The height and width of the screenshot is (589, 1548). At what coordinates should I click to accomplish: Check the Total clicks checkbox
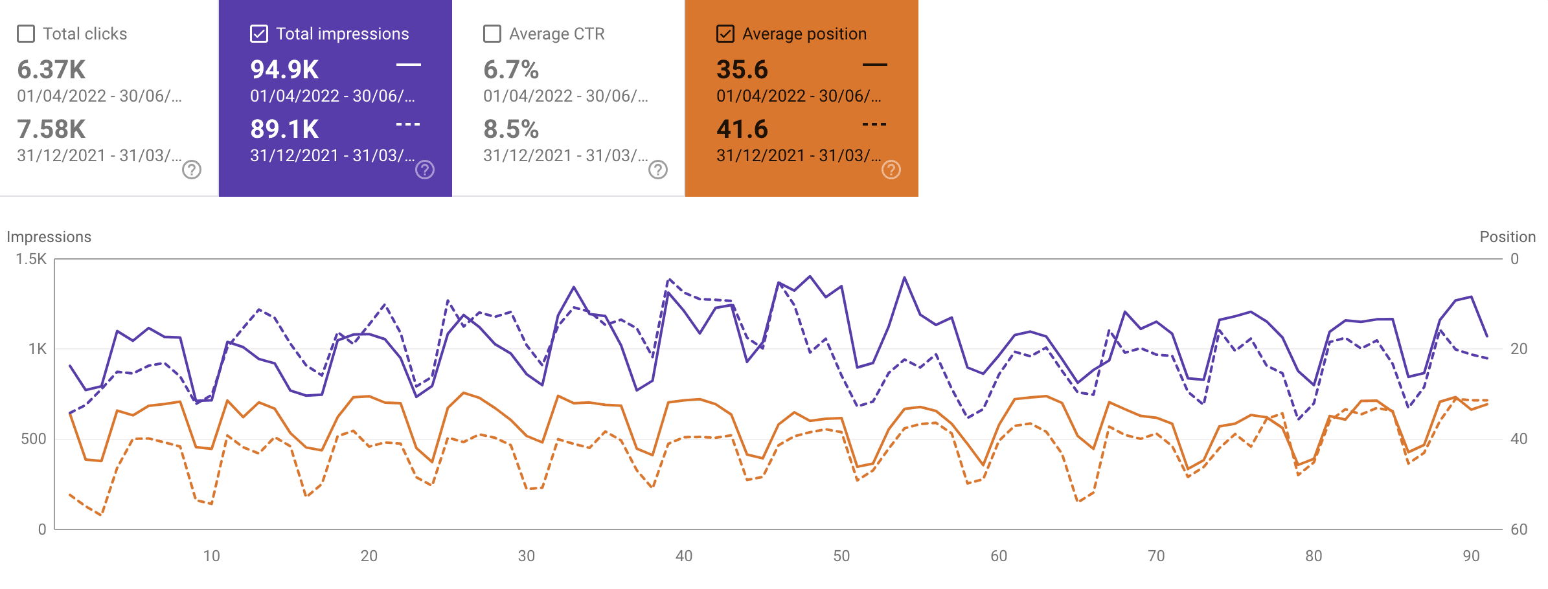26,34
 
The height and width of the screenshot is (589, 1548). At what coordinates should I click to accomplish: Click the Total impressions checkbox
259,34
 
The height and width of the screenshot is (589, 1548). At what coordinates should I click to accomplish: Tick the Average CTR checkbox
492,34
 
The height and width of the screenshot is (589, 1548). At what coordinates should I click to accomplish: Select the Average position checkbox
725,34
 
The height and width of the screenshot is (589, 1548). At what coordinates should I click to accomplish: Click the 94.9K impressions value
284,70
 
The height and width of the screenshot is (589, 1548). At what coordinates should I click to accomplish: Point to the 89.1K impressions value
284,129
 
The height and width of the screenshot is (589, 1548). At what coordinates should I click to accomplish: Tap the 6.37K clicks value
51,70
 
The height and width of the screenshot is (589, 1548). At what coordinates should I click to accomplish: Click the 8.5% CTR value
511,129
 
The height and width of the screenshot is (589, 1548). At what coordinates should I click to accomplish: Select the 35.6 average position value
742,70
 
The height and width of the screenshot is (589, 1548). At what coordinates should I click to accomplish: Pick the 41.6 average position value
742,129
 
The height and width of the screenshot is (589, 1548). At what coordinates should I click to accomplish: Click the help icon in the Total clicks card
192,170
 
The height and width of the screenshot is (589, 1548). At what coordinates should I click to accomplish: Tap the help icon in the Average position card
891,170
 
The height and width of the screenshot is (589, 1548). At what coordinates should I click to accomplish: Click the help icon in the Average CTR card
658,170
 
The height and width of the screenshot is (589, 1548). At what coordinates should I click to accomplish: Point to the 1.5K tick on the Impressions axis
31,259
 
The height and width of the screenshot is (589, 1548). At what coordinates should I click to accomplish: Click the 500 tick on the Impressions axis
34,439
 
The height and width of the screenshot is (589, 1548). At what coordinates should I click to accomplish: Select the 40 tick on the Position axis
1519,439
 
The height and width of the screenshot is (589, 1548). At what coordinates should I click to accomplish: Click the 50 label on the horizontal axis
841,556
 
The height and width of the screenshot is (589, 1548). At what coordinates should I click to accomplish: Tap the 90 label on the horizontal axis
1471,556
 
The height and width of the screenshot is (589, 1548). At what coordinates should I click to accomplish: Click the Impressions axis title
49,237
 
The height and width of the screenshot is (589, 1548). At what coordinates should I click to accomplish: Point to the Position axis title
1507,237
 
